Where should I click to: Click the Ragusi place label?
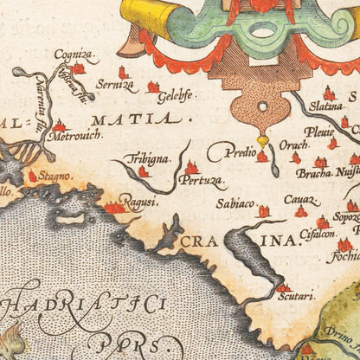pyautogui.click(x=138, y=202)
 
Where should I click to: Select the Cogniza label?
pyautogui.click(x=72, y=54)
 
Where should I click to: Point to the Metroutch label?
pyautogui.click(x=74, y=136)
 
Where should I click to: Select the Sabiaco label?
pyautogui.click(x=235, y=206)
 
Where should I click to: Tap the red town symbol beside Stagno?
pyautogui.click(x=34, y=176)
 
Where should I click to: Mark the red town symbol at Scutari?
pyautogui.click(x=283, y=286)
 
